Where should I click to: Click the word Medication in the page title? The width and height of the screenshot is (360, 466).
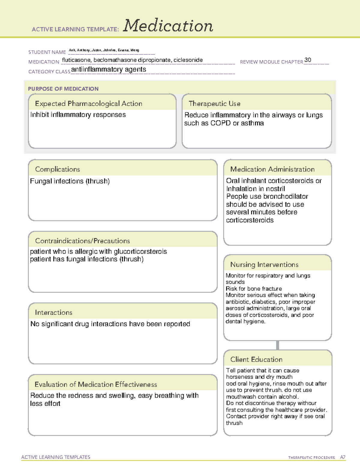(168, 26)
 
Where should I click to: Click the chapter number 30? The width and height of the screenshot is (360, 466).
(307, 60)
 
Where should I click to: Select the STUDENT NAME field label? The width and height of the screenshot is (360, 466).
(47, 52)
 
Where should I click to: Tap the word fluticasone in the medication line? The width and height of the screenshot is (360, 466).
(76, 60)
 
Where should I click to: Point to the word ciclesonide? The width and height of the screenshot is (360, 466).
(188, 60)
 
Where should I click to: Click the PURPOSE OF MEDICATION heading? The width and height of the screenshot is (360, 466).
(63, 89)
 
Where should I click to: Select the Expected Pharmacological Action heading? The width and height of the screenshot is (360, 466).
(88, 104)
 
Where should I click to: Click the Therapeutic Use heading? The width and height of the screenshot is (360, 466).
(214, 104)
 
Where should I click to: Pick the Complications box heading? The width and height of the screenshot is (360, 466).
(58, 169)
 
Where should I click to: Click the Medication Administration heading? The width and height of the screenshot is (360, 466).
(272, 169)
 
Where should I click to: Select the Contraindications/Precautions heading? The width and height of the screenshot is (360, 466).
(82, 241)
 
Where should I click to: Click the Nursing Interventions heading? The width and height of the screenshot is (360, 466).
(264, 265)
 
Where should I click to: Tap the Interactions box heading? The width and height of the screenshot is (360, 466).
(54, 313)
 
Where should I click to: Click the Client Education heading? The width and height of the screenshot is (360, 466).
(256, 359)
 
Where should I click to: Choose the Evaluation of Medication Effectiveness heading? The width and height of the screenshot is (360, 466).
(96, 384)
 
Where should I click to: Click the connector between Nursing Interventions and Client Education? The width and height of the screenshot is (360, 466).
(277, 345)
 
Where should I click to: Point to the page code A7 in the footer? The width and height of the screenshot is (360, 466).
(343, 457)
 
